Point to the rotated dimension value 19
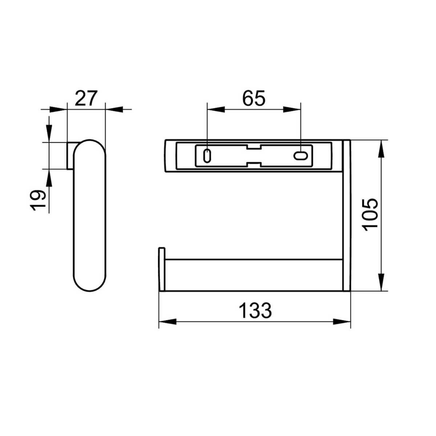pos(37,200)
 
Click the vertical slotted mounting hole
pos(207,156)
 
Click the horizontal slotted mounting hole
pos(300,156)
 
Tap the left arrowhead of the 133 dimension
pos(167,322)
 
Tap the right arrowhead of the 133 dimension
pos(342,322)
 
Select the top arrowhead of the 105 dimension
pos(381,149)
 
